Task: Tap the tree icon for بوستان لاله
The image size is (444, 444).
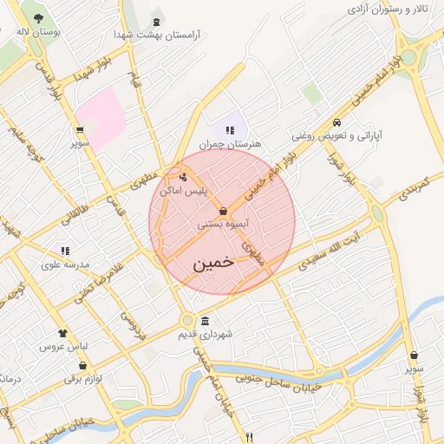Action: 38,17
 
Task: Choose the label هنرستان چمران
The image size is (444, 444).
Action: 230,144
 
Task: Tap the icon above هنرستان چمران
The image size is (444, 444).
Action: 230,130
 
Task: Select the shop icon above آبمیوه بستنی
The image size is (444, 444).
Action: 224,211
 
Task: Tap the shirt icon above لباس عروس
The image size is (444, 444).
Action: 62,333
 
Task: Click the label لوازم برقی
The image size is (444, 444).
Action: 83,378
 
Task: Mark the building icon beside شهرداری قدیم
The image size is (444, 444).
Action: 205,320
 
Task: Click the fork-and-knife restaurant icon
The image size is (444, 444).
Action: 250,437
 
